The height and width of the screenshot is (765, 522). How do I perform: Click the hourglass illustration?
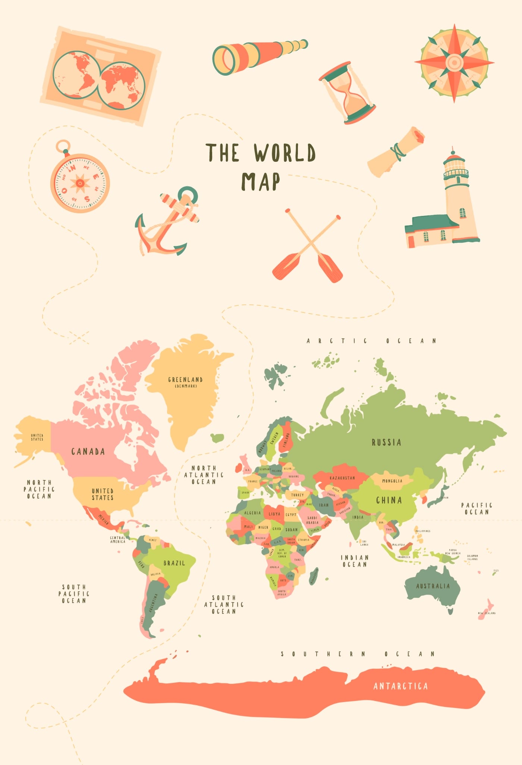(x=347, y=93)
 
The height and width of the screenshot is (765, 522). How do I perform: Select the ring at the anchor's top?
(x=188, y=194)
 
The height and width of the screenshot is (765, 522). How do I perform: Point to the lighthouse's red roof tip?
(x=453, y=151)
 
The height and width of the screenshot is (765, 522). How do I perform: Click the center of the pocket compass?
(x=80, y=183)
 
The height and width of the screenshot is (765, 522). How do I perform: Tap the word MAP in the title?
(x=261, y=182)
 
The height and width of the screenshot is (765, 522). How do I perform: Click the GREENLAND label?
(x=185, y=380)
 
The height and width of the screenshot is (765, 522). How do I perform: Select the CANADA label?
(x=88, y=451)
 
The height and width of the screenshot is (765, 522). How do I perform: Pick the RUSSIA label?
(x=386, y=443)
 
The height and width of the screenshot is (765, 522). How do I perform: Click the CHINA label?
(x=389, y=500)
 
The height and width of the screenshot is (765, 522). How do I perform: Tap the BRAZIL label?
(x=174, y=563)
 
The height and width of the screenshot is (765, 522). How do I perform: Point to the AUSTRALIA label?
(x=433, y=586)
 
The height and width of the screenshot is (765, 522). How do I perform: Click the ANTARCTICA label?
(x=400, y=686)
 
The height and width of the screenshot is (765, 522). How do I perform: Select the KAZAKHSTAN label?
(x=342, y=478)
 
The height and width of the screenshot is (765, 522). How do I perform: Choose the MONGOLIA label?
(x=392, y=481)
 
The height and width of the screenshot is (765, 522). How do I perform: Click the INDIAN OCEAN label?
(x=355, y=561)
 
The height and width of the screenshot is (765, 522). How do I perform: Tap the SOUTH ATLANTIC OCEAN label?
(x=224, y=604)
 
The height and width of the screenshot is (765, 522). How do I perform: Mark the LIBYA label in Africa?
(x=274, y=514)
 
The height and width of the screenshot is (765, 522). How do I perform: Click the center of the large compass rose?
(x=454, y=63)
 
